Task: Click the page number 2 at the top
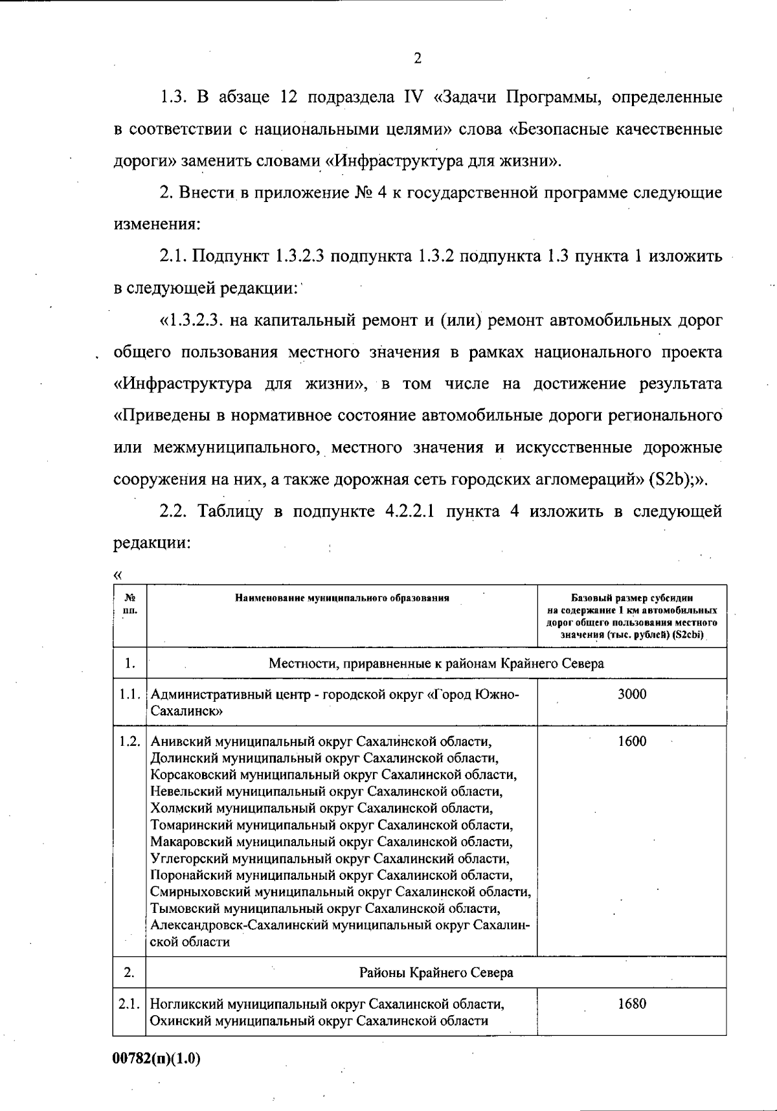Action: pyautogui.click(x=418, y=59)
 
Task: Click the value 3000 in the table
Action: pyautogui.click(x=631, y=694)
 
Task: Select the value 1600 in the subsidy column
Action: pyautogui.click(x=631, y=741)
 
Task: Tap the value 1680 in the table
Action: pyautogui.click(x=631, y=1004)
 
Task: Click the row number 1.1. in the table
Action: pyautogui.click(x=129, y=694)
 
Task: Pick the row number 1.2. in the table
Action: pyautogui.click(x=129, y=741)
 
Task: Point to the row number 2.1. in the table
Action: pyautogui.click(x=129, y=1004)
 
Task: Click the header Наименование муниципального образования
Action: pyautogui.click(x=342, y=598)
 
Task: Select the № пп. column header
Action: pyautogui.click(x=129, y=604)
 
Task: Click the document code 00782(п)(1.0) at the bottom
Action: pyautogui.click(x=156, y=1059)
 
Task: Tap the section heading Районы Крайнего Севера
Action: pyautogui.click(x=436, y=972)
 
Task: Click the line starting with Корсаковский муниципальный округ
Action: pyautogui.click(x=333, y=774)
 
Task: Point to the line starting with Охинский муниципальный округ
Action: pyautogui.click(x=319, y=1021)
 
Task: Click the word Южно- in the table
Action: pyautogui.click(x=498, y=694)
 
